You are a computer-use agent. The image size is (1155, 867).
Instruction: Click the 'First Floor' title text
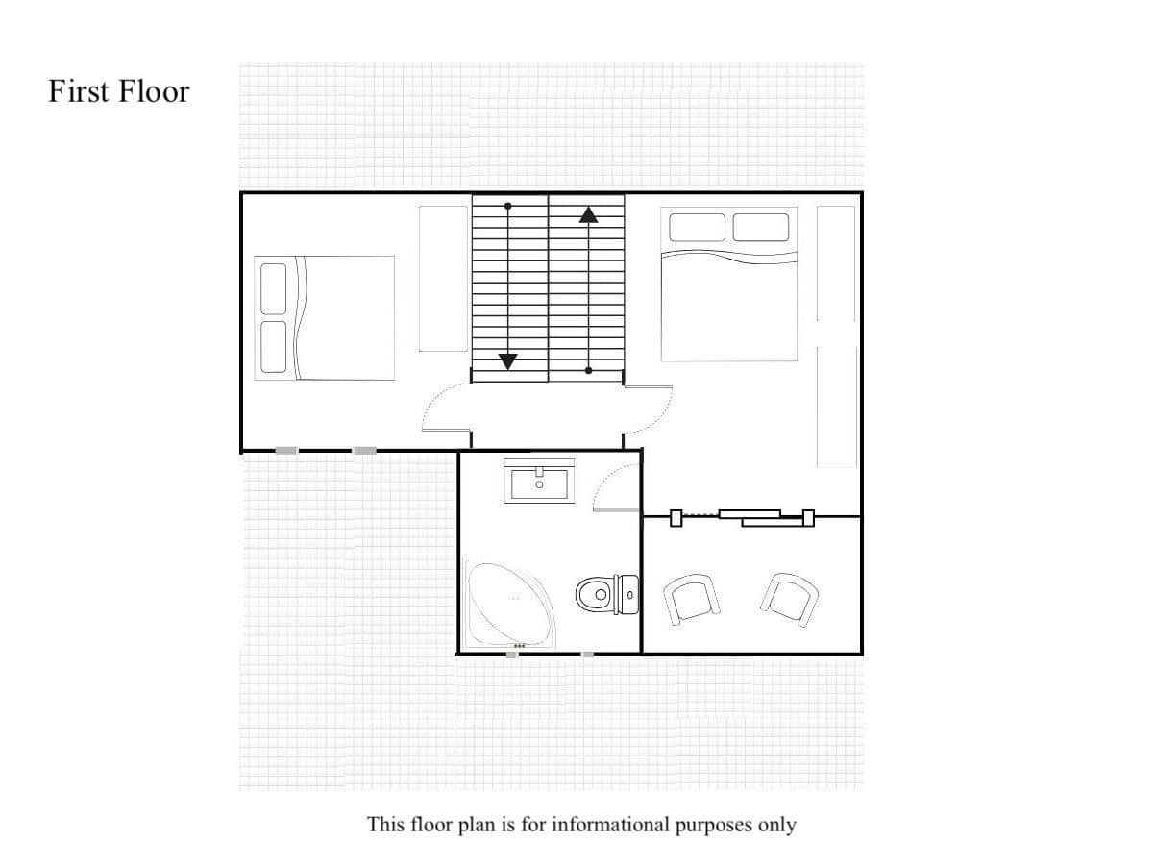click(x=119, y=91)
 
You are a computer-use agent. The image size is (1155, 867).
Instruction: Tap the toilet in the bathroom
click(x=606, y=593)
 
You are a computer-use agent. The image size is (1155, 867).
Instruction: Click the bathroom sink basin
click(x=539, y=482)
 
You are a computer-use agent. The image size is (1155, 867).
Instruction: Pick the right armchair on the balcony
click(x=790, y=599)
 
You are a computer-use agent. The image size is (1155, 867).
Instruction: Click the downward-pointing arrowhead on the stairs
click(x=508, y=361)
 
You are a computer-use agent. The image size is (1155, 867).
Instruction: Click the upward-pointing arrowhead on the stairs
click(x=588, y=214)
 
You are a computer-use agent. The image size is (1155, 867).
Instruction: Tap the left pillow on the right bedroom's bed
click(x=697, y=227)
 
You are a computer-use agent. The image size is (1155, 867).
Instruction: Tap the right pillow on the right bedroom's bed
click(x=760, y=227)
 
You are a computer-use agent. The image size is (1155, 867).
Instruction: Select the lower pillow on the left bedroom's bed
click(x=274, y=346)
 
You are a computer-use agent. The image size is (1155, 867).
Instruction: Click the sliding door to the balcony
click(x=745, y=518)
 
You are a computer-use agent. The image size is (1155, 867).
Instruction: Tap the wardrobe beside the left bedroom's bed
click(x=442, y=278)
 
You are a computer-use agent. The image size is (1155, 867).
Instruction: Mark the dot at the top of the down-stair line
click(x=508, y=206)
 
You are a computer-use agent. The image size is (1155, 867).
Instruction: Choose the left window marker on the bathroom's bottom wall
click(x=512, y=654)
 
